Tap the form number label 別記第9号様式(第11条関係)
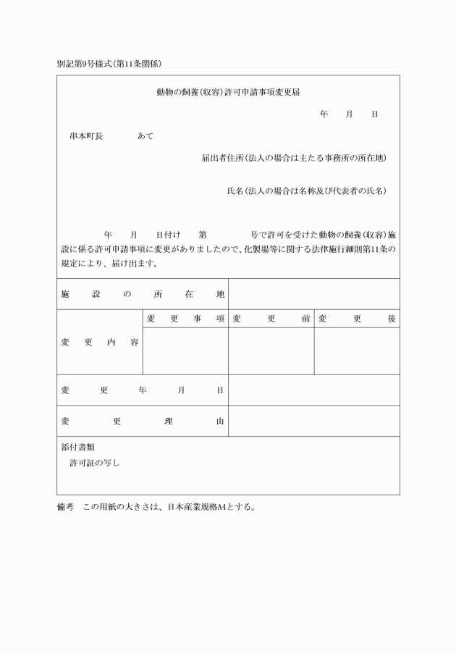[x=109, y=64]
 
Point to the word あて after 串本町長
[x=145, y=135]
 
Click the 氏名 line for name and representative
[x=306, y=191]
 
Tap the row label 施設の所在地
[x=143, y=295]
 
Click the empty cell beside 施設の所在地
[x=314, y=295]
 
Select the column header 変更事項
[x=185, y=319]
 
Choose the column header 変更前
[x=271, y=319]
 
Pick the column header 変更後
[x=357, y=319]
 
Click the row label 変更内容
[x=100, y=342]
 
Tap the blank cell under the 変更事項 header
[x=185, y=351]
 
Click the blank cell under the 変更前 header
[x=271, y=351]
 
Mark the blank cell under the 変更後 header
[x=357, y=351]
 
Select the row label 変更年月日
[x=143, y=390]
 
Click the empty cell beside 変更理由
[x=314, y=421]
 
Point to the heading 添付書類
[x=78, y=448]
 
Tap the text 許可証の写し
[x=95, y=464]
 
